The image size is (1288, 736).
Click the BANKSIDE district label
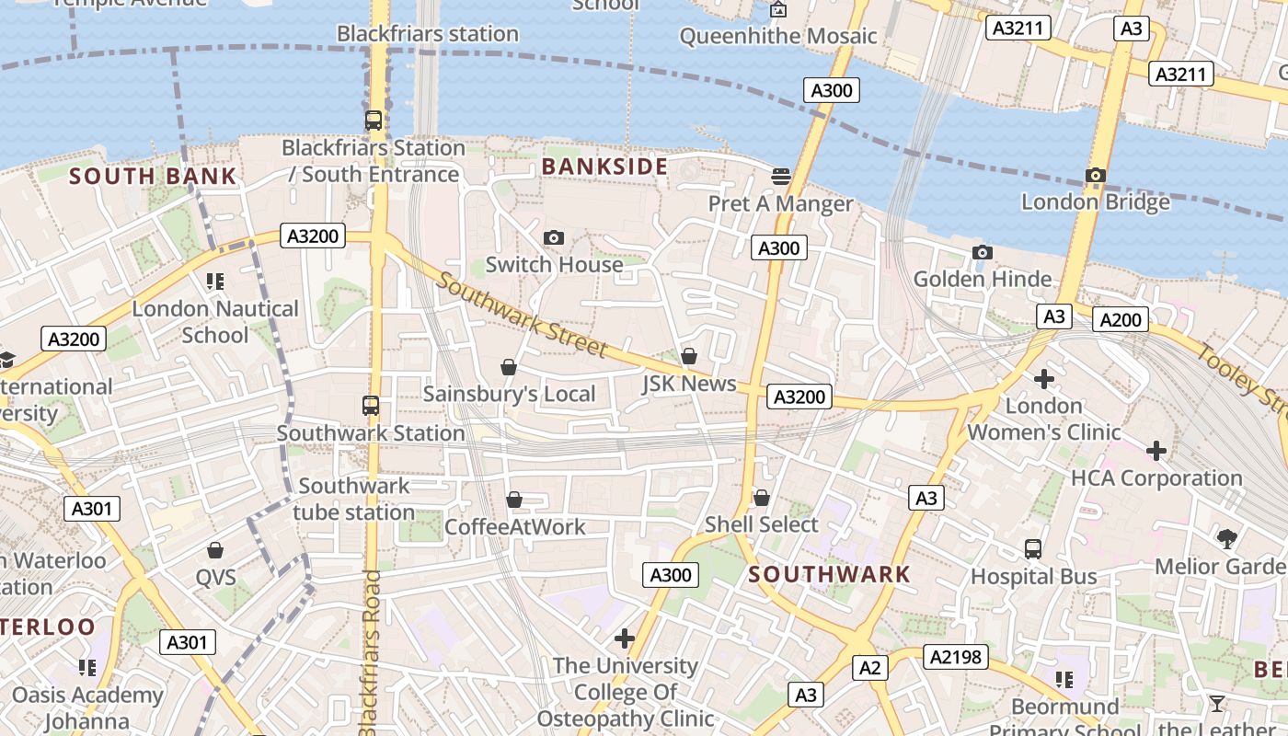point(604,167)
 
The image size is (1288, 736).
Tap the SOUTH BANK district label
point(153,176)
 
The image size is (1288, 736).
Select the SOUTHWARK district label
point(829,575)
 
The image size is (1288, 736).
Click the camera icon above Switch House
point(553,238)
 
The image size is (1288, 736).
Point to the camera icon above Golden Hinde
point(982,252)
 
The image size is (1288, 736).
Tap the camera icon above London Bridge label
point(1095,175)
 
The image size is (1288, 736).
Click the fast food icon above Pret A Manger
point(780,176)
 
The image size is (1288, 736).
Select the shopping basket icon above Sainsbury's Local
point(508,367)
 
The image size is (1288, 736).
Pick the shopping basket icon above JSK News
point(688,356)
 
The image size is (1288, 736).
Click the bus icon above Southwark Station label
point(371,405)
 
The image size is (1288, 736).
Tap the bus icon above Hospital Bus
point(1033,549)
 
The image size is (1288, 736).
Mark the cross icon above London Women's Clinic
point(1043,378)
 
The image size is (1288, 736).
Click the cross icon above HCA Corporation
point(1156,451)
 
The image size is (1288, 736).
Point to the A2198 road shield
point(957,657)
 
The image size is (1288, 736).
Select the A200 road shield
point(1121,319)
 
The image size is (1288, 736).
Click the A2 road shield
point(870,668)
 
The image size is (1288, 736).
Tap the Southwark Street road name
point(522,316)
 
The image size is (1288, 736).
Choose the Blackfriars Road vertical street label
point(371,653)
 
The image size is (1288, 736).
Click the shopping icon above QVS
point(215,550)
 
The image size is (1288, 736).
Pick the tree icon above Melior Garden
point(1225,538)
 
